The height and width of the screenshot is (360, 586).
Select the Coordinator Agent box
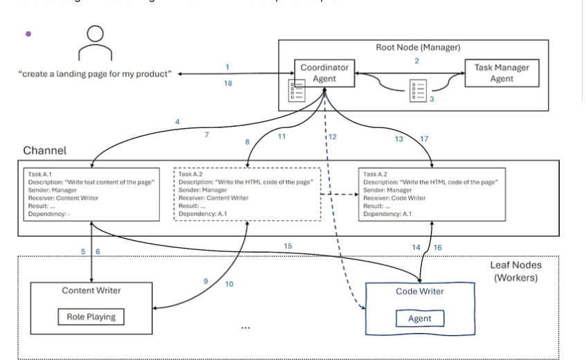[324, 73]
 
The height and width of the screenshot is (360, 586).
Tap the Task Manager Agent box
[502, 73]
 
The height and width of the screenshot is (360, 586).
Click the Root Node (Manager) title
[417, 48]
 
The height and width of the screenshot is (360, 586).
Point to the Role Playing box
[91, 317]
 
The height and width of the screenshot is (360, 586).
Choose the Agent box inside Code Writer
[419, 318]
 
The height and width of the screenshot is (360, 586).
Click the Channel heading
[45, 150]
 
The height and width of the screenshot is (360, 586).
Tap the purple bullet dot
[28, 33]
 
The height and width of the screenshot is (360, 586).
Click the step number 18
[228, 83]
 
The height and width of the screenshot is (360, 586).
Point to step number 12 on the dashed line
[332, 137]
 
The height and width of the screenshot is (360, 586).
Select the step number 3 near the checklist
[432, 99]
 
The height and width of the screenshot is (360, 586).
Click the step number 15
[288, 246]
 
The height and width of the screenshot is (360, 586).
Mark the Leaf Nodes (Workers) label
[515, 271]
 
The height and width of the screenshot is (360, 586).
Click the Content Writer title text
[91, 291]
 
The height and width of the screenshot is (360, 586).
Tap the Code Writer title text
[419, 291]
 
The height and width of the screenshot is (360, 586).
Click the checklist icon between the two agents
[418, 91]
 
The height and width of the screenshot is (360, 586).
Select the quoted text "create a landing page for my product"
[95, 73]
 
